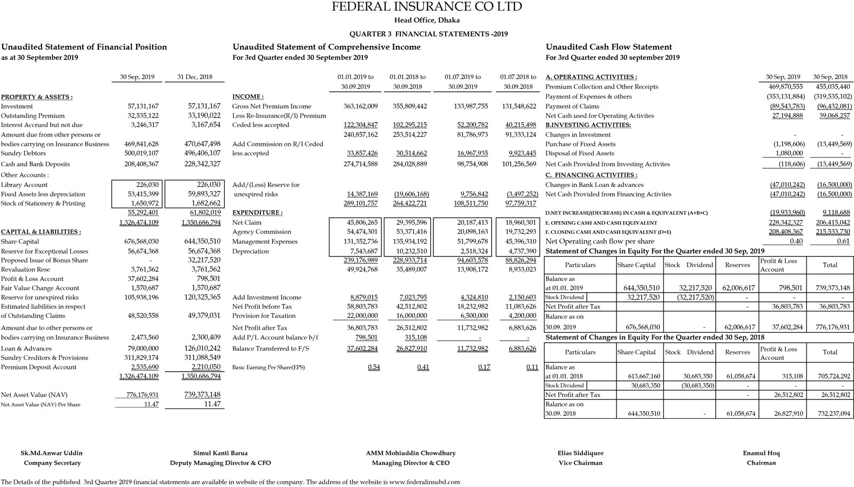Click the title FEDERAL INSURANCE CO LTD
point(426,7)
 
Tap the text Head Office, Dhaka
point(426,20)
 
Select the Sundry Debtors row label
point(23,153)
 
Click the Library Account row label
point(24,185)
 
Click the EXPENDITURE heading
point(257,213)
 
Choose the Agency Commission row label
point(262,232)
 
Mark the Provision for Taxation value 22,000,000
point(362,316)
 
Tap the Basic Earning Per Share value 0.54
point(374,367)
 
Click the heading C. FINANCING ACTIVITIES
point(591,175)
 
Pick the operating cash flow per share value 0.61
point(843,241)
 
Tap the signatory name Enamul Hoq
point(761,453)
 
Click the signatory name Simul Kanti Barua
point(220,453)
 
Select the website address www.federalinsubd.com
point(424,482)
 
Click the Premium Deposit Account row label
point(38,367)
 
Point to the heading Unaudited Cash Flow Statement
point(608,47)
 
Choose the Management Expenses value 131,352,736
point(362,241)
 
